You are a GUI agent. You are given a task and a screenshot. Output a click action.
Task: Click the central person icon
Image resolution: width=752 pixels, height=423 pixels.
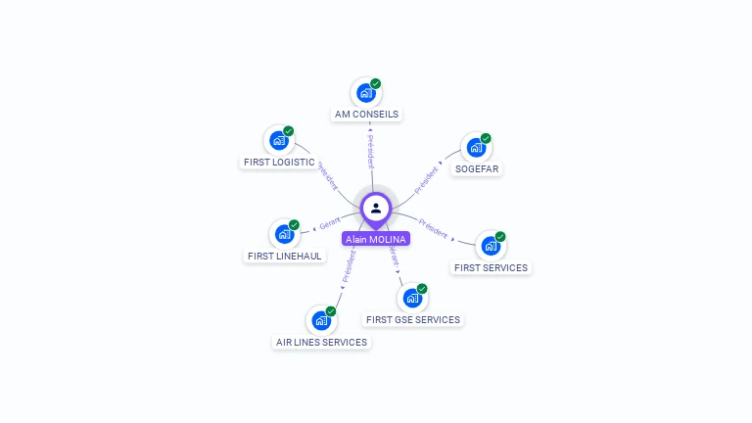pyautogui.click(x=376, y=208)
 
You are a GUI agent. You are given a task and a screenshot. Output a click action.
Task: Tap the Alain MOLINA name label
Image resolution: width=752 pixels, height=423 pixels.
pyautogui.click(x=376, y=239)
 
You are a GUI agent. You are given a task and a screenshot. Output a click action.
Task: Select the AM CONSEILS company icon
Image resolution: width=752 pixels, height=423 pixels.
pyautogui.click(x=365, y=93)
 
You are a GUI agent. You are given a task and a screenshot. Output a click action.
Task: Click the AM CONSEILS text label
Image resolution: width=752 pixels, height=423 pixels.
pyautogui.click(x=366, y=114)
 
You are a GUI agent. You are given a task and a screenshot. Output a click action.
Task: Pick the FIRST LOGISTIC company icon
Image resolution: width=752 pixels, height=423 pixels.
pyautogui.click(x=279, y=141)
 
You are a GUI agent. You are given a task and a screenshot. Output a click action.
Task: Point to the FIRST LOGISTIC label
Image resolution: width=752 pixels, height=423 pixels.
pyautogui.click(x=279, y=162)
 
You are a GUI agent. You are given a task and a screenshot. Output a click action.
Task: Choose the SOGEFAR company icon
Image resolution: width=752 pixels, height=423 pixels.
pyautogui.click(x=476, y=148)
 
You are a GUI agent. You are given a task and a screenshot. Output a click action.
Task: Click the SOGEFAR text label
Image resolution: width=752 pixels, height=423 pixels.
pyautogui.click(x=477, y=168)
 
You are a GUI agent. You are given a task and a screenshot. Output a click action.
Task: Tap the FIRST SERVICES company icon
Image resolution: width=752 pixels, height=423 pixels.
pyautogui.click(x=491, y=247)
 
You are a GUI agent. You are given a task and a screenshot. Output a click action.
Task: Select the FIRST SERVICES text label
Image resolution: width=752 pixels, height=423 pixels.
pyautogui.click(x=491, y=267)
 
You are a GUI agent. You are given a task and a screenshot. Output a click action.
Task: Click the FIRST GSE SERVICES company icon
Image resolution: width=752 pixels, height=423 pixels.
pyautogui.click(x=412, y=299)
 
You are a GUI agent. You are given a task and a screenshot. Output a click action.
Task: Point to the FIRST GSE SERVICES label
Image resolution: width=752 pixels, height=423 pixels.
pyautogui.click(x=412, y=319)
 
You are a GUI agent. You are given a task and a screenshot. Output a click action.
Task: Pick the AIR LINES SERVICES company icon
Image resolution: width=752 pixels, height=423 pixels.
pyautogui.click(x=321, y=321)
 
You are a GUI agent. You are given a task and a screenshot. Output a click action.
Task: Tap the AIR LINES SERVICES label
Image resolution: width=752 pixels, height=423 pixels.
pyautogui.click(x=321, y=342)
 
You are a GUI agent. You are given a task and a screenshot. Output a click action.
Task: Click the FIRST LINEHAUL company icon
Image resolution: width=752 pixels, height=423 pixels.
pyautogui.click(x=284, y=235)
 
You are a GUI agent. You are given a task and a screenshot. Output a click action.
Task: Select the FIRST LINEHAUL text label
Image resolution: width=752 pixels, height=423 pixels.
pyautogui.click(x=285, y=256)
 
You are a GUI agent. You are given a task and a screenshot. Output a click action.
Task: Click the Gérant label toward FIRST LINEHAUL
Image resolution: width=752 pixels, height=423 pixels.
pyautogui.click(x=330, y=224)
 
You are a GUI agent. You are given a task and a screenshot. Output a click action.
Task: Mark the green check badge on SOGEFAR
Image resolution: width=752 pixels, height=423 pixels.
pyautogui.click(x=486, y=138)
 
